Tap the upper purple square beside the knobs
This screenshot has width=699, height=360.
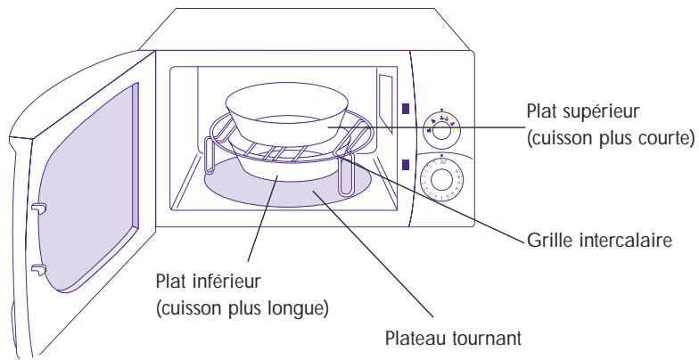406,110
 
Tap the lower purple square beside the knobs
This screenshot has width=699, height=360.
406,164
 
